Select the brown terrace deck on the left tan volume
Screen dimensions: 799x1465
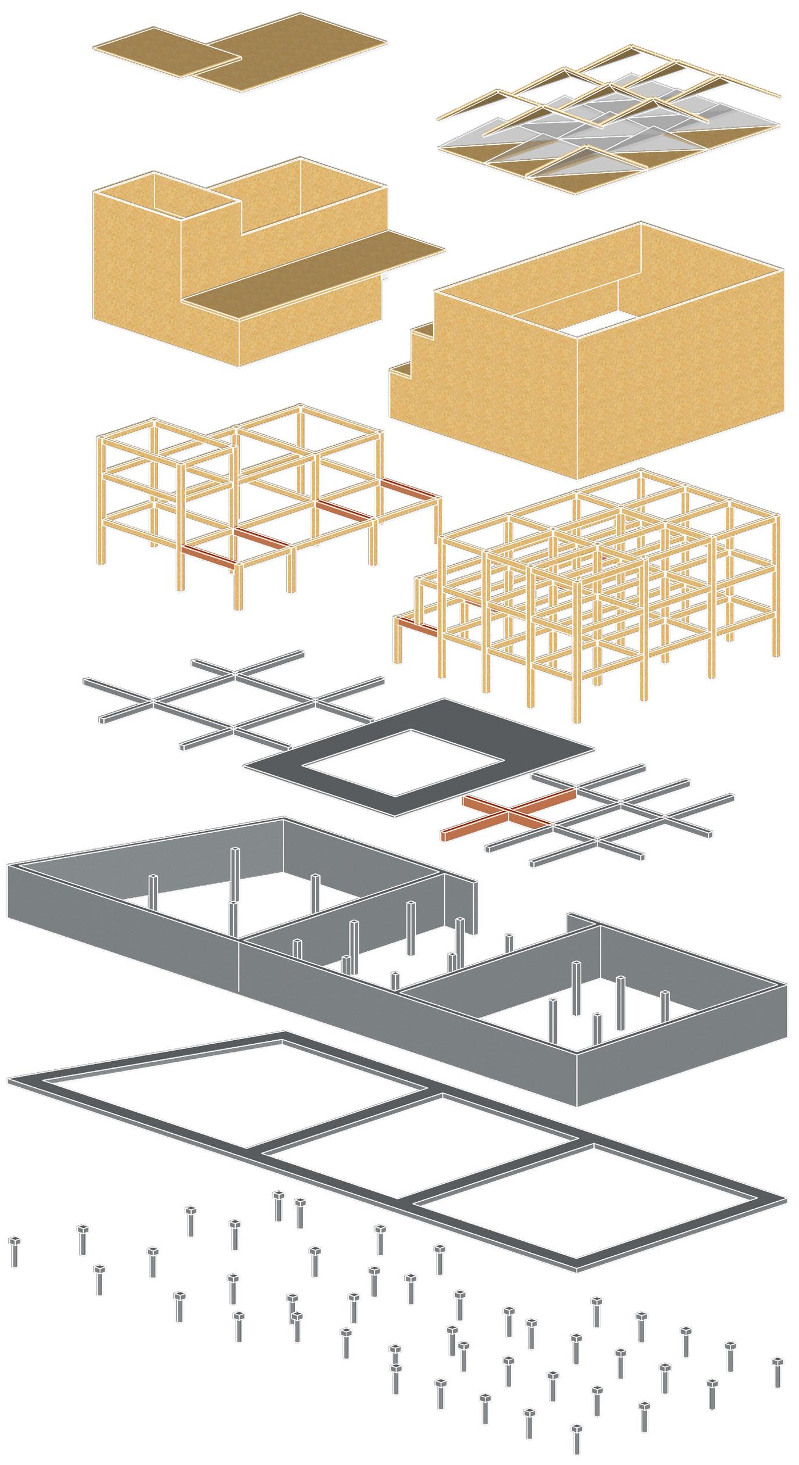pos(314,273)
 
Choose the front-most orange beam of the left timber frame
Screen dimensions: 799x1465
pos(210,556)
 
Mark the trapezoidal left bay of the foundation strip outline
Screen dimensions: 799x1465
pos(232,1075)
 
